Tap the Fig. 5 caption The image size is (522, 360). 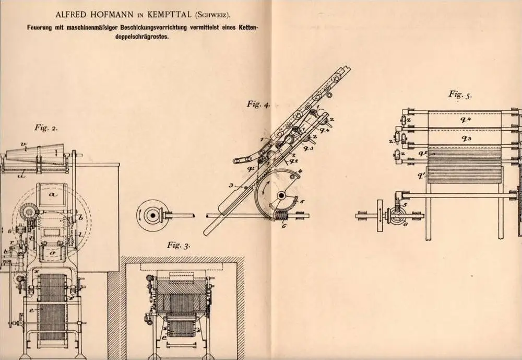point(460,95)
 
